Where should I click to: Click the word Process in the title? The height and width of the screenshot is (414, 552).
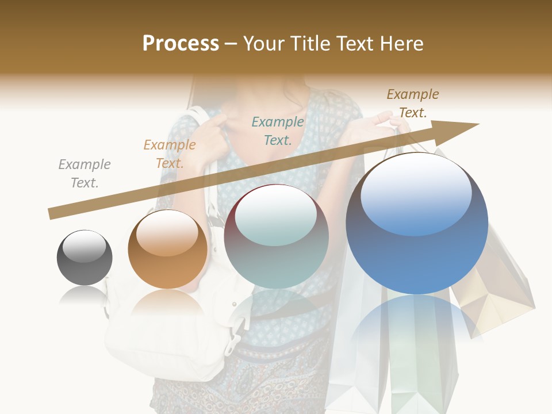(x=181, y=44)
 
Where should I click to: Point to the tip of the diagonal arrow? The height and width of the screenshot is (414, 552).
(x=477, y=124)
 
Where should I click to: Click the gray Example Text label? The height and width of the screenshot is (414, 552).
(x=85, y=174)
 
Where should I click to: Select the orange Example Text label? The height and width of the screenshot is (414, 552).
(x=170, y=154)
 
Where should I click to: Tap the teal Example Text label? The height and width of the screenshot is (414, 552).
(x=278, y=131)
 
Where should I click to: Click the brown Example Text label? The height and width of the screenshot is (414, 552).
(x=413, y=103)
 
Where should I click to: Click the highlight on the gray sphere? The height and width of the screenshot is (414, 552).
(x=85, y=246)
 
